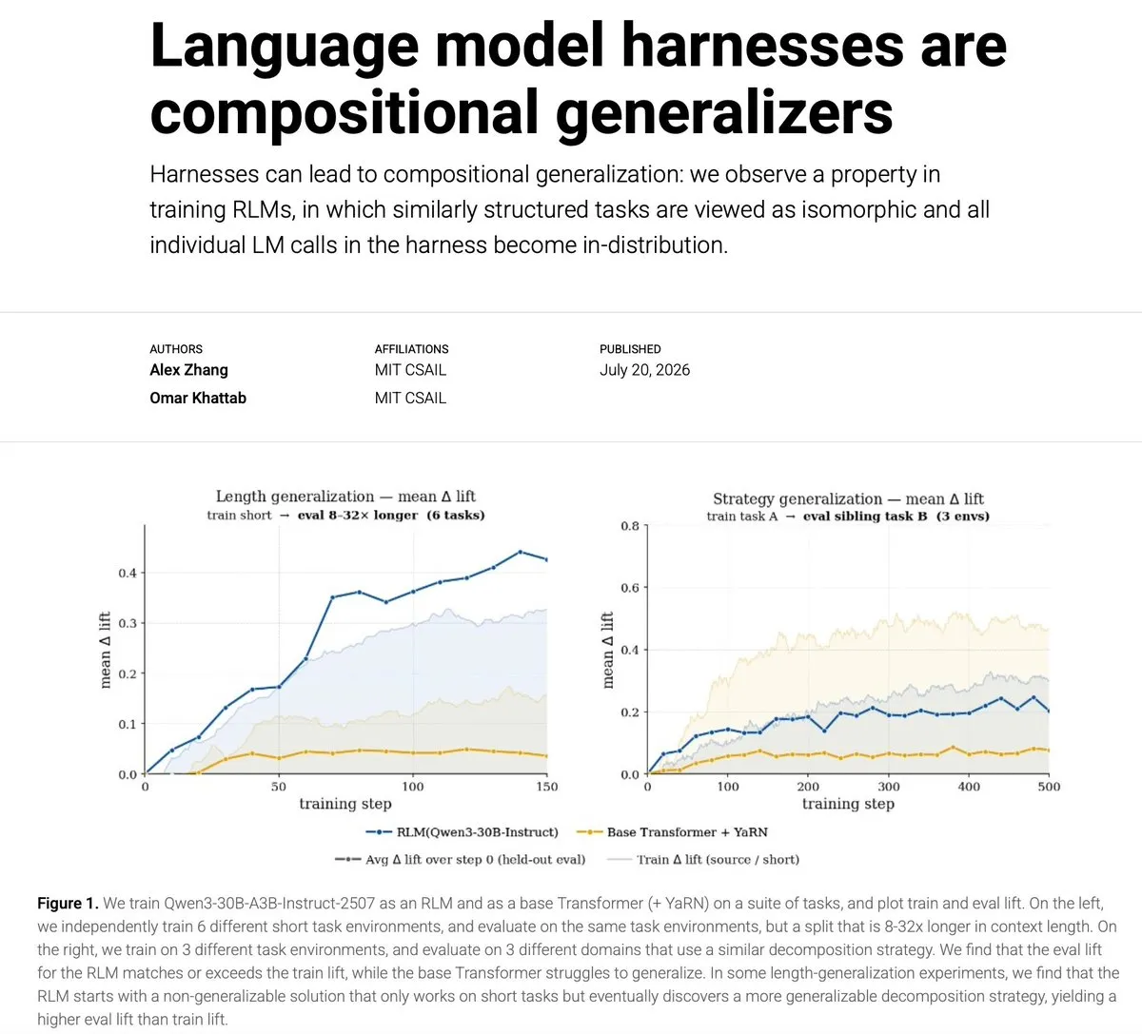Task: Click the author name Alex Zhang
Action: click(188, 370)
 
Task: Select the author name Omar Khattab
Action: click(198, 398)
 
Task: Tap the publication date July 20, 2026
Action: click(644, 370)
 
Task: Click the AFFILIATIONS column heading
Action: click(411, 349)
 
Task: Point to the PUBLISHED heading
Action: click(630, 349)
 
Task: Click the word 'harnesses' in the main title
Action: click(762, 46)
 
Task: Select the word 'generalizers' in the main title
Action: click(724, 112)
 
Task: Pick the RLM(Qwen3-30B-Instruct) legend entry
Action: click(462, 832)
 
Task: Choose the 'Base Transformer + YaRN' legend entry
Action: click(672, 832)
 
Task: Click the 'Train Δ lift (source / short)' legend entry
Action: click(703, 859)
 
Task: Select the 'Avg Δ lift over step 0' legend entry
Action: click(460, 859)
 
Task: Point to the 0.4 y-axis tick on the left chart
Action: click(128, 573)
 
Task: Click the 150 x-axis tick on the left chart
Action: click(547, 787)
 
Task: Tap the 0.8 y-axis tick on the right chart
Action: click(630, 526)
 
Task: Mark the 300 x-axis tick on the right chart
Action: click(889, 787)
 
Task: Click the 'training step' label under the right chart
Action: click(848, 804)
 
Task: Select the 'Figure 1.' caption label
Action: click(68, 903)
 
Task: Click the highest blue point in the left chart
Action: click(521, 552)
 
